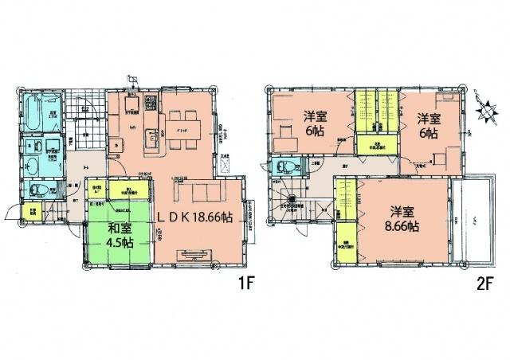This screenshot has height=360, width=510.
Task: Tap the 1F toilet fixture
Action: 35,189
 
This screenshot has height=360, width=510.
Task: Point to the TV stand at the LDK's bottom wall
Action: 191,254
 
